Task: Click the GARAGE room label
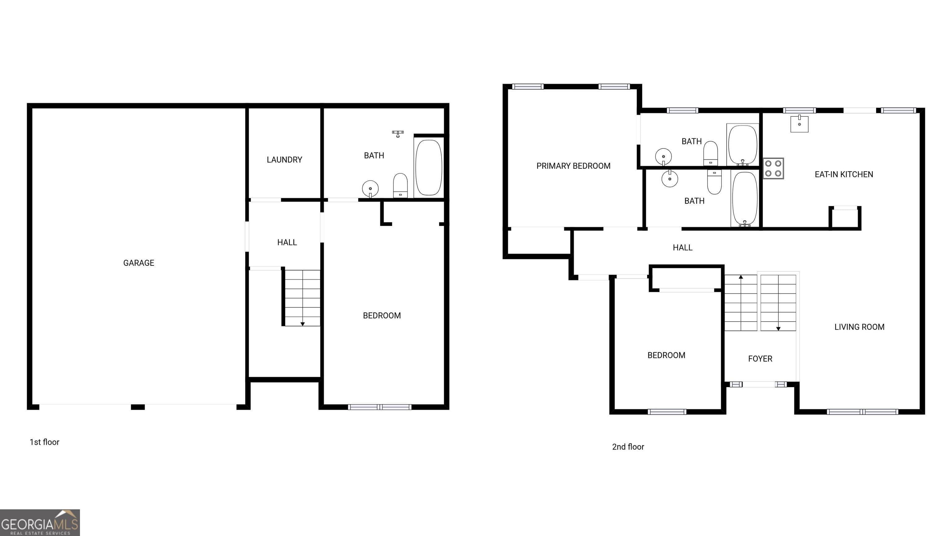(139, 263)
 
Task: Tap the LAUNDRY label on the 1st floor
(284, 160)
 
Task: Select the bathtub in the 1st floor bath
(428, 167)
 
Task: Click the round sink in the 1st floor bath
(370, 189)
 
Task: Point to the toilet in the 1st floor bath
(400, 186)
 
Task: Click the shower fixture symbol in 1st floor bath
(398, 133)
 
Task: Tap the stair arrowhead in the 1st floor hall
(302, 324)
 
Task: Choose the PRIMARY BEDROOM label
(573, 166)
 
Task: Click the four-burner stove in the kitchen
(773, 168)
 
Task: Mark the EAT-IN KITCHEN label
(844, 175)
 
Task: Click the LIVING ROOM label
(859, 327)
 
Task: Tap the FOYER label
(760, 359)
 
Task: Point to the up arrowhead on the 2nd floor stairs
(741, 277)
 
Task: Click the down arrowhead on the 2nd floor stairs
(778, 328)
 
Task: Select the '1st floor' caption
(44, 442)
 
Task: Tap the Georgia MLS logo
(40, 523)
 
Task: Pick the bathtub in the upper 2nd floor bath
(742, 145)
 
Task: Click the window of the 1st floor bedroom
(380, 407)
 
